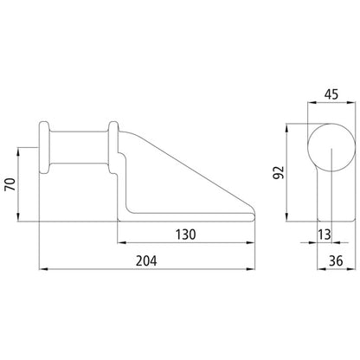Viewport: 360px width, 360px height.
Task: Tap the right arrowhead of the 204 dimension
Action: click(255, 271)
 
